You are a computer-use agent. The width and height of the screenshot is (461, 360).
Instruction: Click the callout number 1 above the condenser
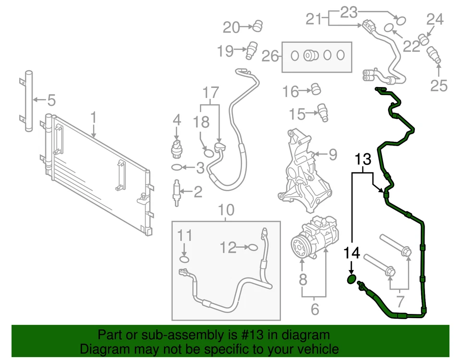94,117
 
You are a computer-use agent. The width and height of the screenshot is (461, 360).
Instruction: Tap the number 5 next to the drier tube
51,100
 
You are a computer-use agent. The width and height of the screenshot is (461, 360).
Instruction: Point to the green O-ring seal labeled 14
352,280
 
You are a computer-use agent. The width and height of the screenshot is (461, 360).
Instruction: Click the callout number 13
364,159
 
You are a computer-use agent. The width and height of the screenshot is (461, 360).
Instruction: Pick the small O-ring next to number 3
177,168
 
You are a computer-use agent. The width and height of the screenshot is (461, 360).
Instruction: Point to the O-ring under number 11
184,260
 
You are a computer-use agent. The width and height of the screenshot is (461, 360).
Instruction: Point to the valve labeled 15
323,112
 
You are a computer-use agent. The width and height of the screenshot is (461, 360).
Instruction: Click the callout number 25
438,86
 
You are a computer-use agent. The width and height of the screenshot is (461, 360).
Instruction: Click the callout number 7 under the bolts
399,303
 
